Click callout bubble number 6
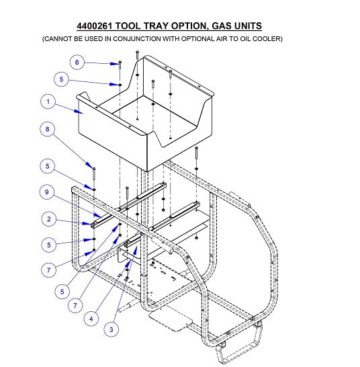pyautogui.click(x=77, y=63)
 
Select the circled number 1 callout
pyautogui.click(x=47, y=102)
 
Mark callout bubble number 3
pyautogui.click(x=111, y=329)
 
